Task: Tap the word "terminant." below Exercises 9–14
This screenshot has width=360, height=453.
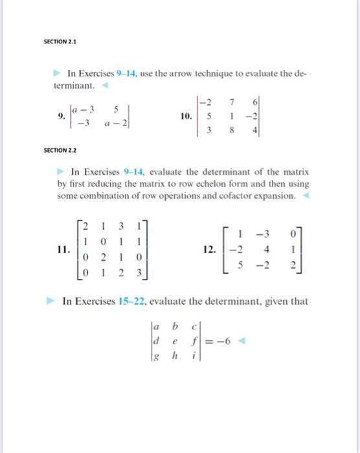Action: coord(75,85)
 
